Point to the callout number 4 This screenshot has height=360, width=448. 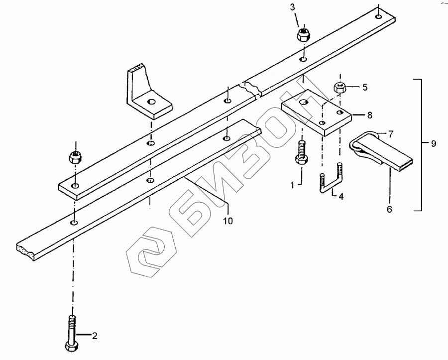[341, 197]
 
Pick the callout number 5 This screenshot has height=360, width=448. [365, 87]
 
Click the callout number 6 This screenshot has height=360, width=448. [389, 209]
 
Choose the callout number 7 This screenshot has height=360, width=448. [391, 134]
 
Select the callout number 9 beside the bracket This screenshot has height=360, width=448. [434, 143]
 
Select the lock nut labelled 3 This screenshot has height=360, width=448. [304, 35]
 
